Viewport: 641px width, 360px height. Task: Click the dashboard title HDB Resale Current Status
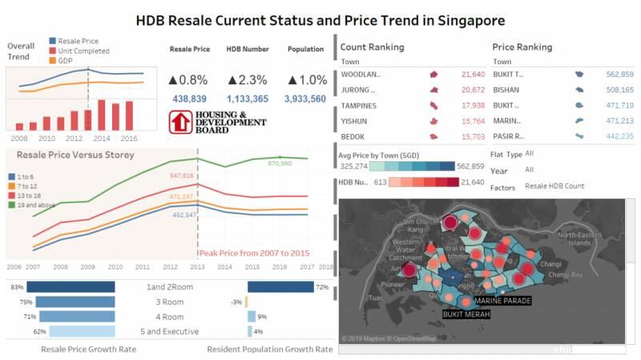(x=320, y=20)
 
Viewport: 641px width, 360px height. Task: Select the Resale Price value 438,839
(x=190, y=99)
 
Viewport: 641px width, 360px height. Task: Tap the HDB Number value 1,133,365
(x=248, y=99)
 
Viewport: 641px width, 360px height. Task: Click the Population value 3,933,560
(x=305, y=99)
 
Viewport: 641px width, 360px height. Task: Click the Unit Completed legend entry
(x=79, y=50)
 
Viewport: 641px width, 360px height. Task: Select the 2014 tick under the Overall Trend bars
(x=102, y=137)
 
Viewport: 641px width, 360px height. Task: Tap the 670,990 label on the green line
(x=280, y=164)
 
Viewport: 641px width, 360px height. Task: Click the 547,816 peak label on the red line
(x=182, y=175)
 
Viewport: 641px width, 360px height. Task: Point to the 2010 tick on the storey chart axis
(x=115, y=266)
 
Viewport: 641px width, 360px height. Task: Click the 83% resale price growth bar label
(x=17, y=286)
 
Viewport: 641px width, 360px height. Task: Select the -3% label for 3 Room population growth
(x=236, y=301)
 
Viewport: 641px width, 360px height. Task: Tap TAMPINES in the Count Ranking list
(x=359, y=105)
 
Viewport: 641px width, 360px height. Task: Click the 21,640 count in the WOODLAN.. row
(x=473, y=74)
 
